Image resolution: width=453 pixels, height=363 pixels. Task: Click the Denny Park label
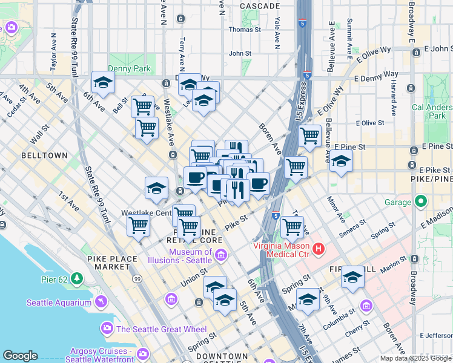[128, 69]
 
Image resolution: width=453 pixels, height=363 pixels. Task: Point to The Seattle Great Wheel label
[153, 329]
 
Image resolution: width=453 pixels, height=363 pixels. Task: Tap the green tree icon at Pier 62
[77, 278]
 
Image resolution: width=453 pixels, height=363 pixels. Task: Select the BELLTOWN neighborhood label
[44, 155]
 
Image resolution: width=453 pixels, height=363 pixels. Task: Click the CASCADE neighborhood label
[259, 5]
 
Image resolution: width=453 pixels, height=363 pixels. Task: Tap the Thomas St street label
[244, 29]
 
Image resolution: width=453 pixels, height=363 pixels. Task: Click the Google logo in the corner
[20, 356]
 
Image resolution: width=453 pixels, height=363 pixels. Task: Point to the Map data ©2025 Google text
[415, 358]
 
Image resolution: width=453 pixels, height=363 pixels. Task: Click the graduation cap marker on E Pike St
[342, 162]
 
